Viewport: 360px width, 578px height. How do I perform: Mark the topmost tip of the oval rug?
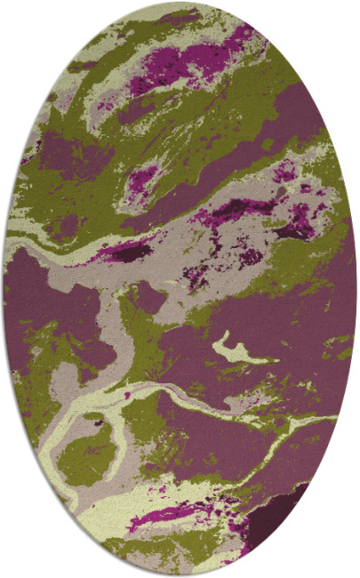(x=181, y=4)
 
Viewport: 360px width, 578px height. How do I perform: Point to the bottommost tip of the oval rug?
(x=181, y=574)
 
